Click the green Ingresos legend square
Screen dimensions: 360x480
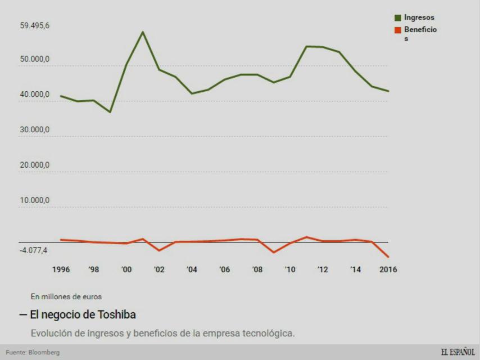point(398,18)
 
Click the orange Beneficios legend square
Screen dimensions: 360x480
point(398,30)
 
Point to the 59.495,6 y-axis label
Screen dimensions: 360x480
point(35,26)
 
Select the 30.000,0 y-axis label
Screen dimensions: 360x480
point(35,130)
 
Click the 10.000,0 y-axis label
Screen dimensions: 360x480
point(35,200)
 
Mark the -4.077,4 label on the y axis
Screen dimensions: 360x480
point(35,250)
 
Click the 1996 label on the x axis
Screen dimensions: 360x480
point(61,269)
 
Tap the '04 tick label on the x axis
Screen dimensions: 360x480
point(192,269)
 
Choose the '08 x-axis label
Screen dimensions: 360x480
point(257,269)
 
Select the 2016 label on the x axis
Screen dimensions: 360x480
point(388,269)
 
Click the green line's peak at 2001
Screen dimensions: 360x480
point(143,32)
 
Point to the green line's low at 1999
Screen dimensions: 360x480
point(110,112)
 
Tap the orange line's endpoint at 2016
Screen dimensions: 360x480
point(388,257)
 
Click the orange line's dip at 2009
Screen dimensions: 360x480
point(273,252)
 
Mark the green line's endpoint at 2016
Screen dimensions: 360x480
point(388,91)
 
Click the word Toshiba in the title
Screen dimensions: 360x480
point(115,314)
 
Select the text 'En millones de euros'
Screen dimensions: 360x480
point(66,296)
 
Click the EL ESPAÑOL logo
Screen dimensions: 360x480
point(458,352)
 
